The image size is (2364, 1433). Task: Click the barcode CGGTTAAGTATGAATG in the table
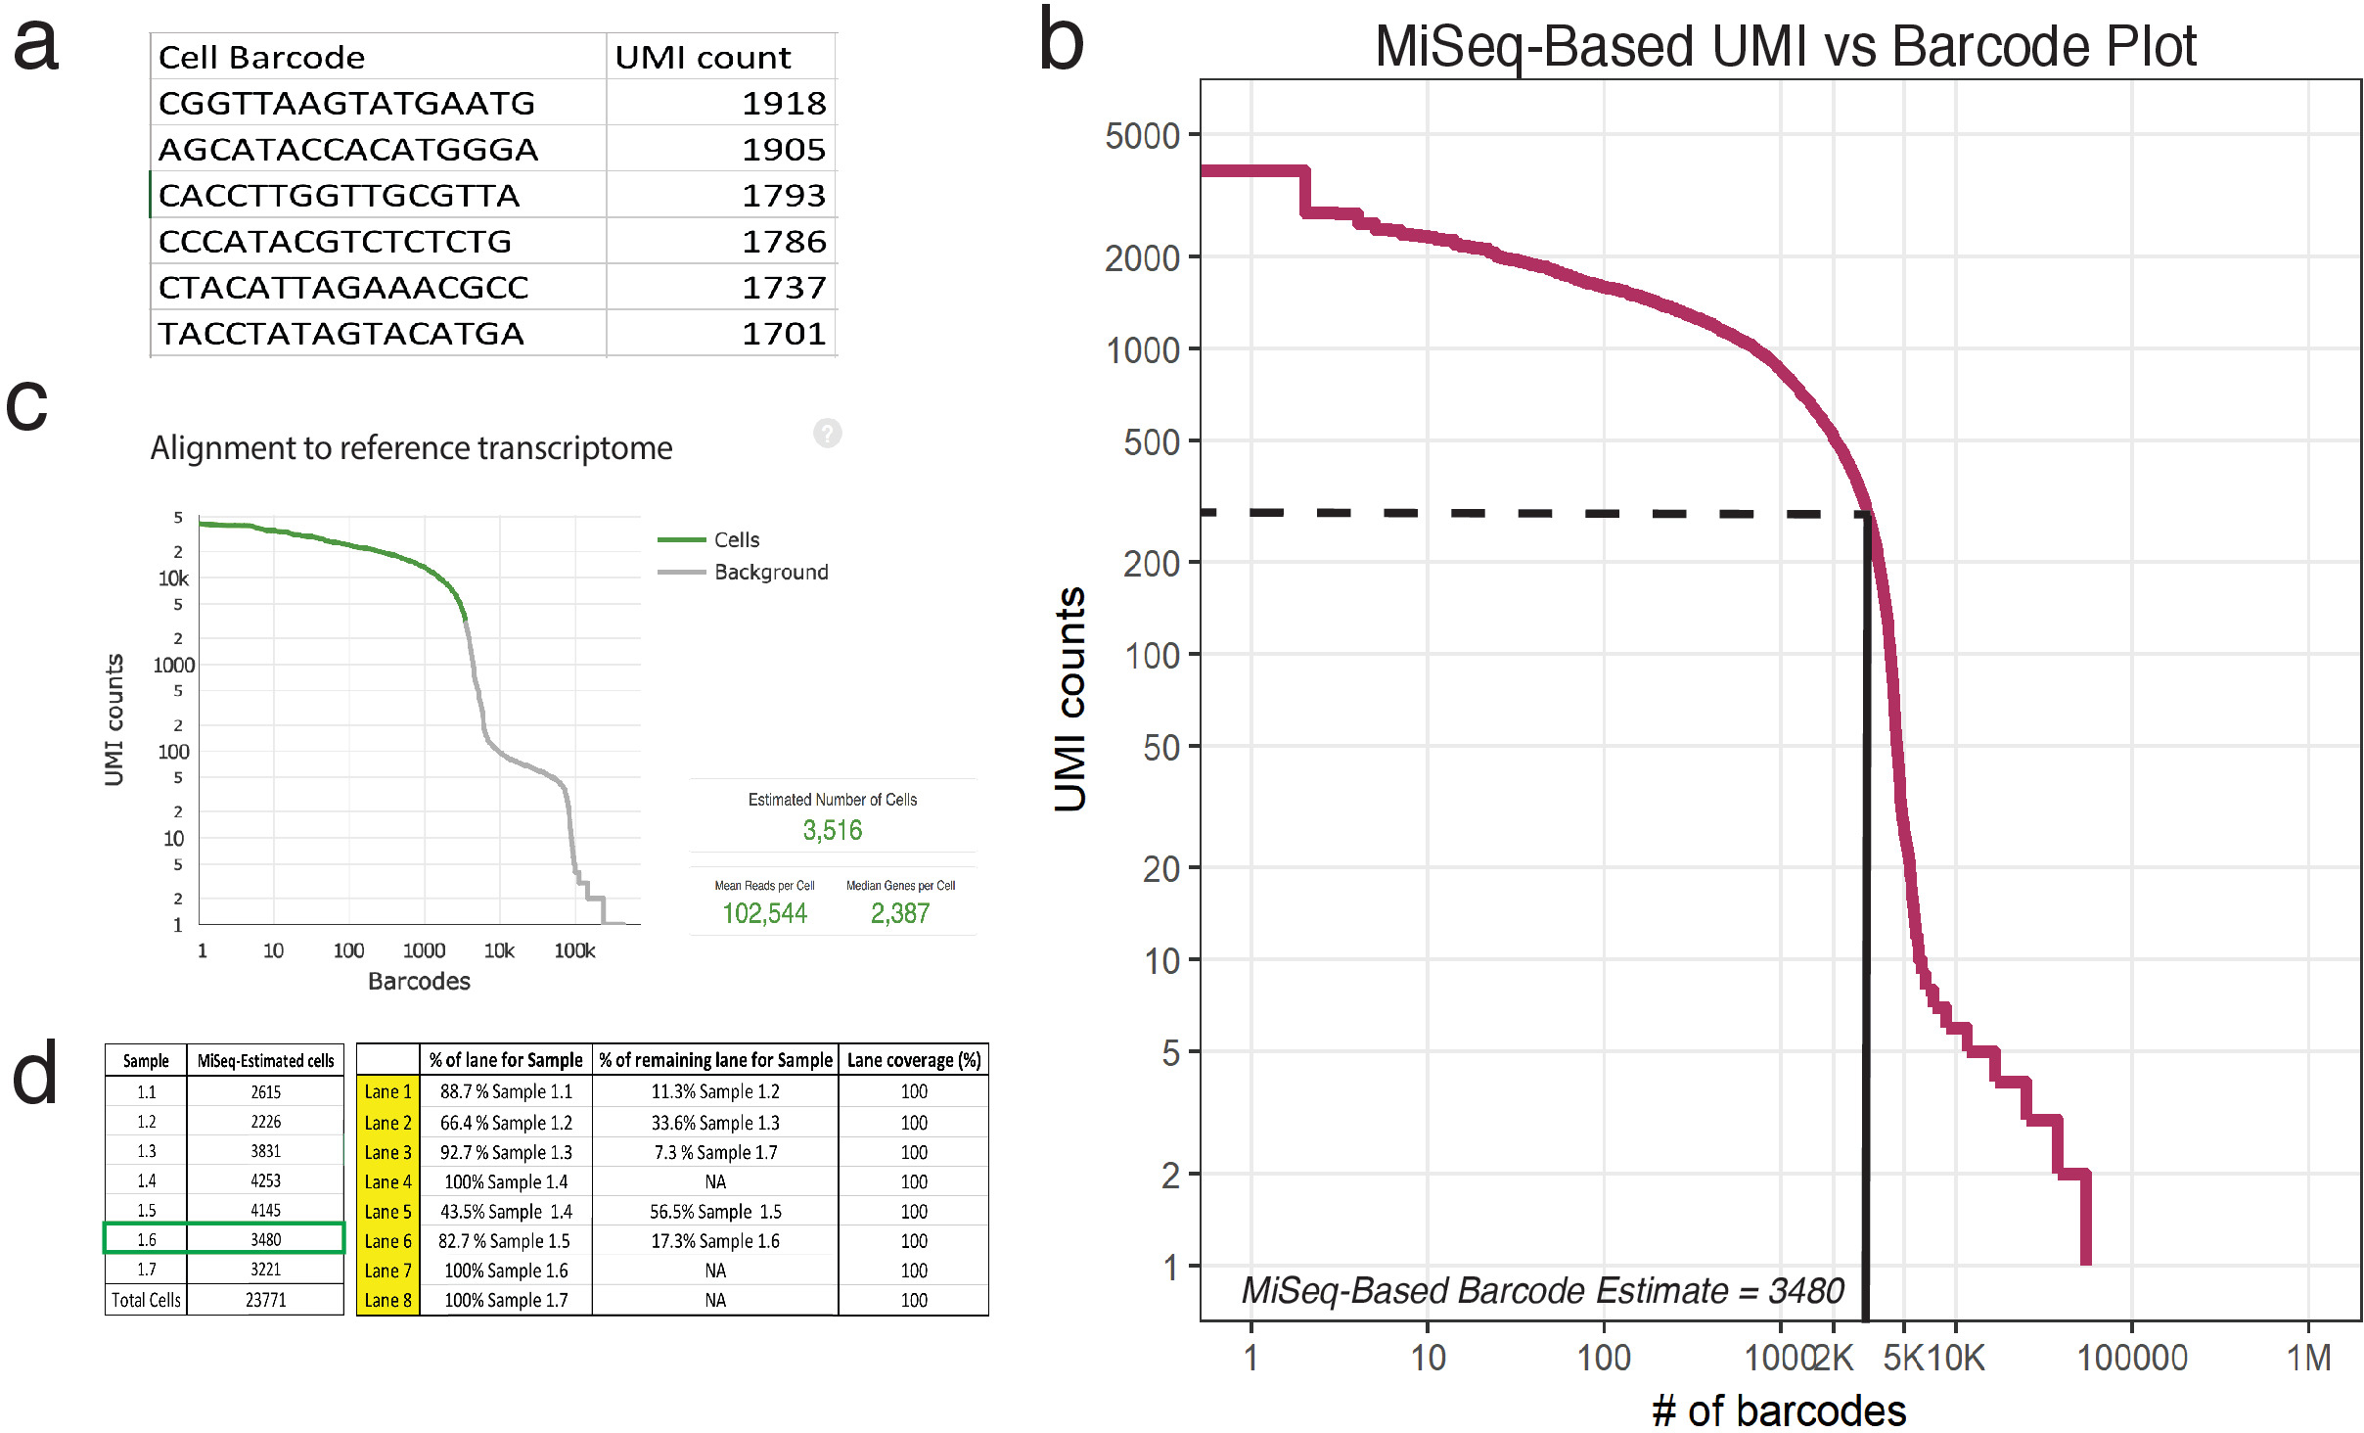[346, 104]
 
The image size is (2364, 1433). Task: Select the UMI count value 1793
[784, 196]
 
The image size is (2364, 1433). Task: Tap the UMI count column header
[703, 58]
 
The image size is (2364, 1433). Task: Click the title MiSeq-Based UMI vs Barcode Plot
[1785, 46]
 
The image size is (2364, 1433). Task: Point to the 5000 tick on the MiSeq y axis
[1142, 136]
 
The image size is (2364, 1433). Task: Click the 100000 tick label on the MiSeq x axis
[2131, 1358]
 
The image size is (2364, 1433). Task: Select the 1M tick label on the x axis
[2308, 1358]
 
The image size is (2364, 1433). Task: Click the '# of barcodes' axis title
[1779, 1410]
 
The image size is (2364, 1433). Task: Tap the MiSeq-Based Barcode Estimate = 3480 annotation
[1542, 1291]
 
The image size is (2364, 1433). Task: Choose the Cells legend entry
[736, 540]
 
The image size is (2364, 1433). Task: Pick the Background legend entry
[770, 573]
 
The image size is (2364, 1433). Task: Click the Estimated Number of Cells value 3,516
[833, 831]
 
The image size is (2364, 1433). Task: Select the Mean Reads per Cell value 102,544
[764, 914]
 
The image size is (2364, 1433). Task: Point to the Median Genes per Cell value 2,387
[900, 914]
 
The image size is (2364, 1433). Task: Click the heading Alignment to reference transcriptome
[411, 448]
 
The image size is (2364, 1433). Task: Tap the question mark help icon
[828, 433]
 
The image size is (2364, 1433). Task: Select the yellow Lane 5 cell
[387, 1212]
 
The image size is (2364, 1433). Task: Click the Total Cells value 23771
[265, 1300]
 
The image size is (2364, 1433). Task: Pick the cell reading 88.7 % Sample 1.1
[506, 1091]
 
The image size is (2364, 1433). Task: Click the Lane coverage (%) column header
[914, 1060]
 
